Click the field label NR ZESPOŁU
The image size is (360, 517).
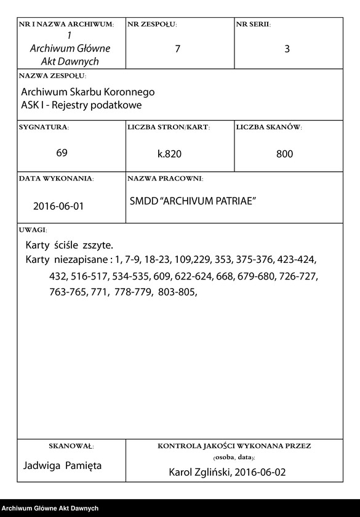152,25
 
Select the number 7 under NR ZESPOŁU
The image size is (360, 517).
178,49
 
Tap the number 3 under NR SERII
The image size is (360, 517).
287,49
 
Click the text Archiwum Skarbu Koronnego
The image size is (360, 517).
87,92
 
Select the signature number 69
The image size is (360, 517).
62,153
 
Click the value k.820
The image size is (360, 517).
170,154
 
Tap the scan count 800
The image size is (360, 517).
284,154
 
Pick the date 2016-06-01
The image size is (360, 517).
58,206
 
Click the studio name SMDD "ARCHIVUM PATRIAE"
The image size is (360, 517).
193,201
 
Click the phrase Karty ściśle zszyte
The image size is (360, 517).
69,246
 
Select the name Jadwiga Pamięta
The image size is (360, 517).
62,465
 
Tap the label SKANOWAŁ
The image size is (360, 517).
71,446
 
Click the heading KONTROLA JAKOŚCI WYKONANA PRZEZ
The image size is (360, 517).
234,446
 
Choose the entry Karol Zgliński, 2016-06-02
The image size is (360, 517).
227,473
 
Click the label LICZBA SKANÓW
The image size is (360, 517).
269,127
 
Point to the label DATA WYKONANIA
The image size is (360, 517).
56,178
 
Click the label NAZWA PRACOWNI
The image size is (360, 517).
165,178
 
